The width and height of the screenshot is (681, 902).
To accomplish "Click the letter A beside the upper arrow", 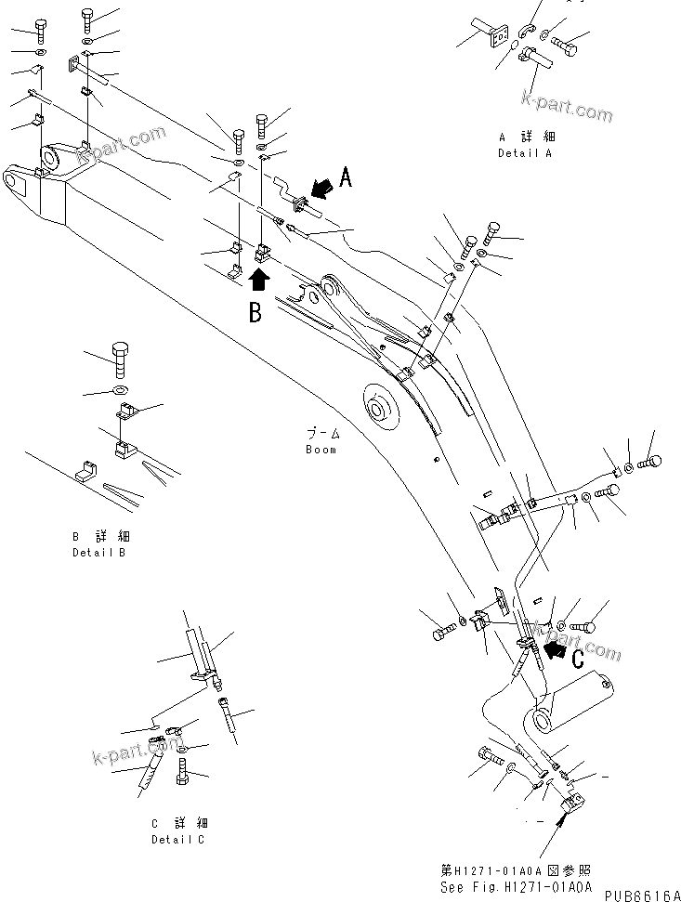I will point(345,177).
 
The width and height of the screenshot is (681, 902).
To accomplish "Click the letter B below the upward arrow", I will point(255,312).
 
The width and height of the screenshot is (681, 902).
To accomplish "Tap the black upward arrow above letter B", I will point(259,277).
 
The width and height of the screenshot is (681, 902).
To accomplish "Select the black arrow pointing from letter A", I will point(321,190).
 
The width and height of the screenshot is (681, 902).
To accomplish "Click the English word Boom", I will point(321,450).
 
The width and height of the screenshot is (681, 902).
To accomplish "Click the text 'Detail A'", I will point(524,153).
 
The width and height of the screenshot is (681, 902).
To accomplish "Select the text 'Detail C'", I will point(179,840).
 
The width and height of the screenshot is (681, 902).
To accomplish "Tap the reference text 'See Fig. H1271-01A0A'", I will point(515,887).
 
